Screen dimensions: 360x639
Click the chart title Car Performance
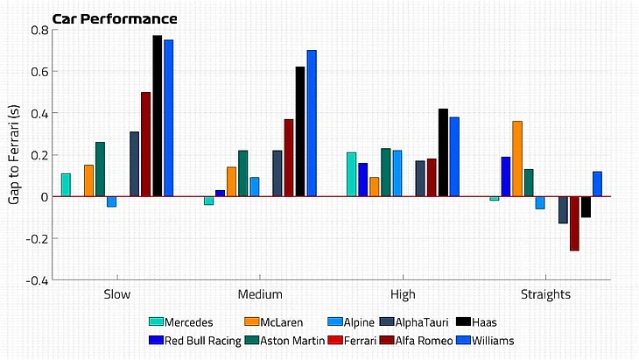coord(115,18)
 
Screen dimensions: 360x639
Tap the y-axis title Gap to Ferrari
coord(14,154)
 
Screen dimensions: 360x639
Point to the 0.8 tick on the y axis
coord(38,30)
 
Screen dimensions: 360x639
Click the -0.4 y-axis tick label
coord(36,280)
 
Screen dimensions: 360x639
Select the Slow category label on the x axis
coord(117,294)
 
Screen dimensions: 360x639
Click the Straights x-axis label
coord(545,294)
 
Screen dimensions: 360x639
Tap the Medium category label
coord(259,294)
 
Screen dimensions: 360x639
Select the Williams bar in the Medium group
coord(312,124)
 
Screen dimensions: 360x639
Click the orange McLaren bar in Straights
coord(517,159)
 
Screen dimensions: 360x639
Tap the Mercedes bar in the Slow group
coord(66,185)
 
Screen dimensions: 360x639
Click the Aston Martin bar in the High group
coord(386,173)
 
